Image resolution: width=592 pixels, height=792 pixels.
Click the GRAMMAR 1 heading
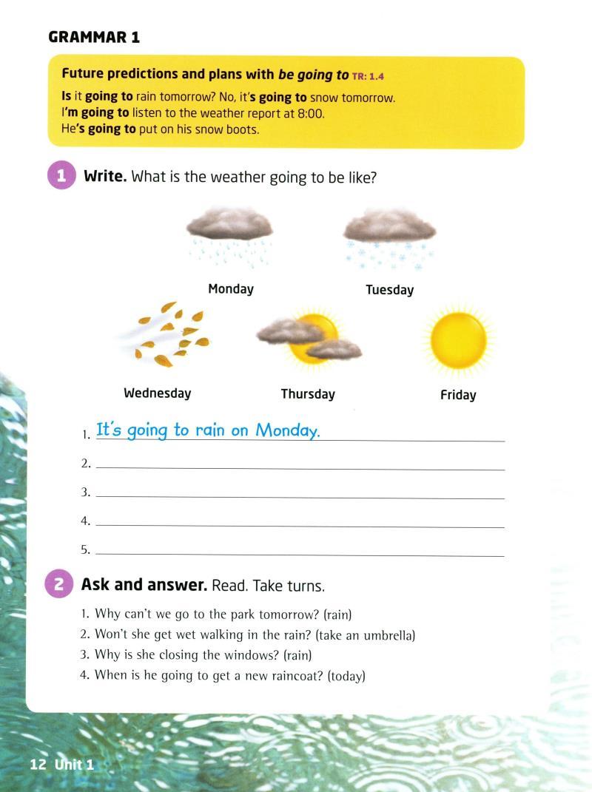[94, 37]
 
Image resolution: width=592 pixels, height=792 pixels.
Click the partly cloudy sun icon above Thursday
[309, 339]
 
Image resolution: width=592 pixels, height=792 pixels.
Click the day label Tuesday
[389, 290]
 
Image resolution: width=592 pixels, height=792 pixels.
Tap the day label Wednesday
[157, 393]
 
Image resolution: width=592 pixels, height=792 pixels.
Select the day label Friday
[458, 395]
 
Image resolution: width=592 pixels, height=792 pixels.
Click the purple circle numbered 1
[62, 176]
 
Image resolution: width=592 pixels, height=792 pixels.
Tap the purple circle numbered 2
[59, 584]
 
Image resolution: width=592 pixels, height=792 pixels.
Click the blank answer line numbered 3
[300, 494]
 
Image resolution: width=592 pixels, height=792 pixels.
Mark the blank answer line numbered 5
[300, 552]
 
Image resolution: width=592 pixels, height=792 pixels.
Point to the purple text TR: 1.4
[369, 76]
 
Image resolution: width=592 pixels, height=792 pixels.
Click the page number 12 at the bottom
[38, 765]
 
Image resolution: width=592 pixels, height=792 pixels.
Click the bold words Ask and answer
[144, 585]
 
